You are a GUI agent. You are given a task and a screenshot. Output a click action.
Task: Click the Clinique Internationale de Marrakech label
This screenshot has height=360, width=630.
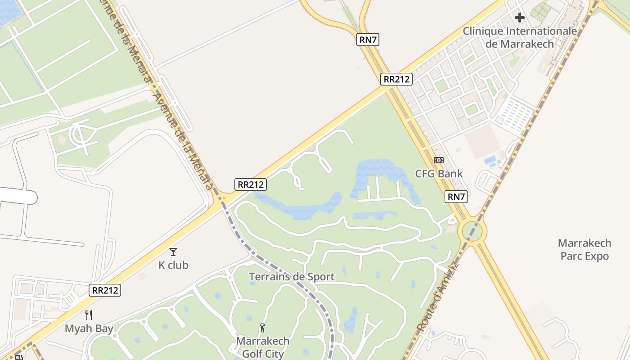520,37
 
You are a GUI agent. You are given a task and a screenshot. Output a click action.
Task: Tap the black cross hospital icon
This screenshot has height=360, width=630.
520,18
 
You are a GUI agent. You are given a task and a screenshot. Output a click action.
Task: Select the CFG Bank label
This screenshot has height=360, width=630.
439,174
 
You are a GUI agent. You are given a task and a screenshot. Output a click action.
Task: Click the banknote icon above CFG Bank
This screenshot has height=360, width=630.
439,160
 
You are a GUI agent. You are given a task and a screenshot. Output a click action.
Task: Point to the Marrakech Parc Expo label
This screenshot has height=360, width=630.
585,250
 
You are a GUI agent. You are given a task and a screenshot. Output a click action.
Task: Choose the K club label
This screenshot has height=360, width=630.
173,265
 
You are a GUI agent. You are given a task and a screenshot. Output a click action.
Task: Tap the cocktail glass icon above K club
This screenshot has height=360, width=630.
173,252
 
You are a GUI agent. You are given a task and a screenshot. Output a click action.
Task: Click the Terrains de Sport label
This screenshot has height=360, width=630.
292,277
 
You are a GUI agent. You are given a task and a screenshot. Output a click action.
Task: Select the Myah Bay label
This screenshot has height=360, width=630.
89,328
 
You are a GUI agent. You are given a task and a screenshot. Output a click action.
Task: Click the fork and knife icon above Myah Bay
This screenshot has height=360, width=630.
89,315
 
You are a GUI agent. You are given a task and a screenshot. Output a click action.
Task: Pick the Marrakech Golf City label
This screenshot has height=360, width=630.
263,347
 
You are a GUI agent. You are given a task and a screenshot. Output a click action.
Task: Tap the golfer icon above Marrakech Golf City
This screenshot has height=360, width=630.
263,328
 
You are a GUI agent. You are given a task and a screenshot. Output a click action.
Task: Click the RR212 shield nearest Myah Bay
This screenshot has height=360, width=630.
105,290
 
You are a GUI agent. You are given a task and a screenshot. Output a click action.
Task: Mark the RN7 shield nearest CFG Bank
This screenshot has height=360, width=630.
456,197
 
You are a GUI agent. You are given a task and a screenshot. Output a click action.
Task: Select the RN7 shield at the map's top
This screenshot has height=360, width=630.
368,40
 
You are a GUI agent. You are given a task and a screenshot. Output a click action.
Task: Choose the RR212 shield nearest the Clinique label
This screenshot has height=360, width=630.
396,80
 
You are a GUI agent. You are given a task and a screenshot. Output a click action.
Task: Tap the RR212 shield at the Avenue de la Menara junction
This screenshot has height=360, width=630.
251,184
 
